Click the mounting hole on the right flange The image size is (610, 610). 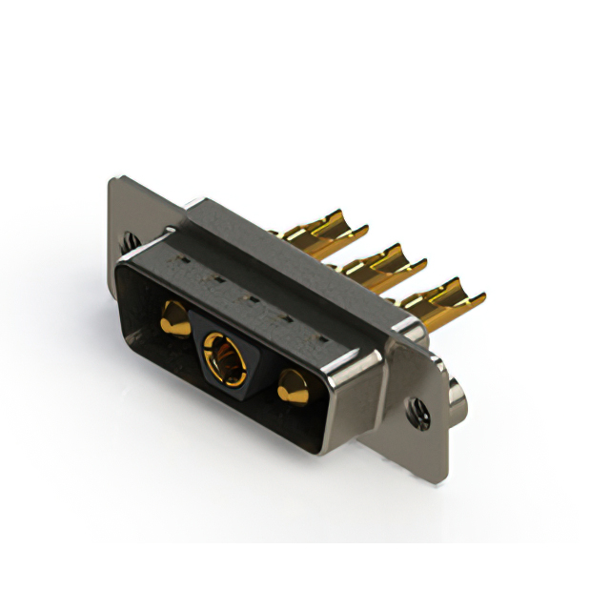tap(417, 415)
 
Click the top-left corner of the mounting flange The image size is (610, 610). tap(113, 179)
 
